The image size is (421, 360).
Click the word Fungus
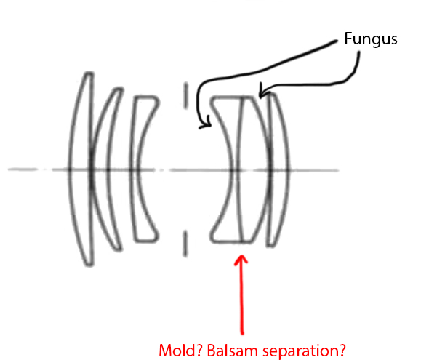click(x=371, y=39)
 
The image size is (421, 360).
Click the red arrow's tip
click(x=241, y=255)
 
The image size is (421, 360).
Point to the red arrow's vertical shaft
click(x=242, y=295)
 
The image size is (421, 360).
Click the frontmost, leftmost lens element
click(x=81, y=169)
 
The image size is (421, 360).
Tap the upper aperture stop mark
click(x=185, y=95)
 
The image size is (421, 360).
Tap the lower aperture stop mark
click(x=185, y=244)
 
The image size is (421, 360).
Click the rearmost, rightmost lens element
click(x=279, y=169)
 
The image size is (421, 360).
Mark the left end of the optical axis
click(x=9, y=169)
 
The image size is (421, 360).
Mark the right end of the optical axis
click(x=338, y=170)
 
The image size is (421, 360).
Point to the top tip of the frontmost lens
click(x=89, y=73)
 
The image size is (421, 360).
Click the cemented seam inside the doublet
click(x=238, y=169)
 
